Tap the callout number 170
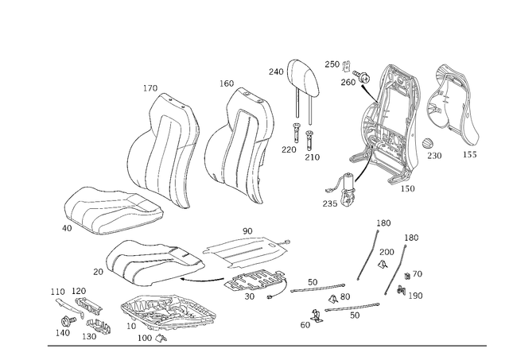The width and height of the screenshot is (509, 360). [150, 88]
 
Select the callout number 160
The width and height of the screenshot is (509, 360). [227, 83]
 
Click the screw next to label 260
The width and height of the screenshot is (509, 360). [363, 77]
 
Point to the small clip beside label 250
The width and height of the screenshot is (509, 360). [347, 66]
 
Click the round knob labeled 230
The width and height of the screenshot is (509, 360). [428, 143]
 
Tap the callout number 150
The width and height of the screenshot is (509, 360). [407, 188]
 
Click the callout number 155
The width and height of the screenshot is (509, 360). [470, 155]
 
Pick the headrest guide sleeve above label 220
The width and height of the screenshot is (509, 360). [296, 133]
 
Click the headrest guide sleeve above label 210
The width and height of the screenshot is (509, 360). [309, 139]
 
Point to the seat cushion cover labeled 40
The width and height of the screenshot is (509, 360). [113, 210]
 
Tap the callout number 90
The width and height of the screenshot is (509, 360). [247, 231]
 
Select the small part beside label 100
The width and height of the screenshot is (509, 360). [161, 338]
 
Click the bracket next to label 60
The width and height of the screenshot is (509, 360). [317, 315]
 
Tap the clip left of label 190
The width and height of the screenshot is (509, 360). [401, 290]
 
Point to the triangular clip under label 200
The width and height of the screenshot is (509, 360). [383, 265]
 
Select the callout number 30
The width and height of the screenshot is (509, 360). [249, 296]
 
